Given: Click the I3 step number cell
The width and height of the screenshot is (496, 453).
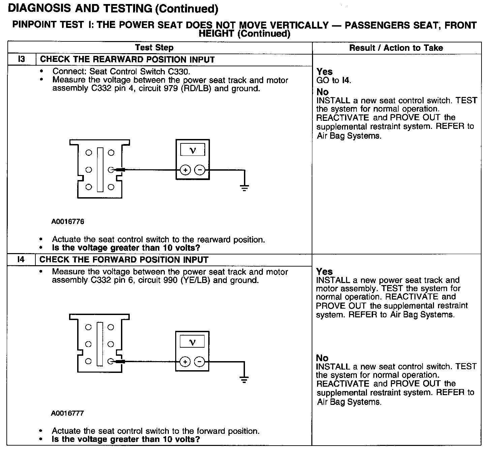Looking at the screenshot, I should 21,60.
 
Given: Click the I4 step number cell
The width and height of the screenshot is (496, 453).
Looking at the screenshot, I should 21,259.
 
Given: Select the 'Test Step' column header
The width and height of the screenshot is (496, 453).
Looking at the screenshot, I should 154,48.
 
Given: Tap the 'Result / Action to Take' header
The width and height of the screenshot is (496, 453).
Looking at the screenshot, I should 396,48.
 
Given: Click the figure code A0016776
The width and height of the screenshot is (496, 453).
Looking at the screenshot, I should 68,221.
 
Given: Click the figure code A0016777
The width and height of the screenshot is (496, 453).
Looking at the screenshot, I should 67,413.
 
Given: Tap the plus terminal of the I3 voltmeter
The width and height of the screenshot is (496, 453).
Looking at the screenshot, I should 185,170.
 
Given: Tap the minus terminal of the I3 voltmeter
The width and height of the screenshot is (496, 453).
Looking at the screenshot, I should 200,170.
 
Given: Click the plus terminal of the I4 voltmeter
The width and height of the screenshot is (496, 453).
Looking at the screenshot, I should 185,362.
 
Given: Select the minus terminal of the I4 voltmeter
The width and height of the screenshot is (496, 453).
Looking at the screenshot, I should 200,362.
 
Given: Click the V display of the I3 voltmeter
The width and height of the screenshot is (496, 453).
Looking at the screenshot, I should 192,150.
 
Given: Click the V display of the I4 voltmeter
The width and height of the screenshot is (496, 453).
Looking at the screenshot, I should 192,342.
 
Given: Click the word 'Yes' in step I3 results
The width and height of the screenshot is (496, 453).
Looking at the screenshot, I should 324,72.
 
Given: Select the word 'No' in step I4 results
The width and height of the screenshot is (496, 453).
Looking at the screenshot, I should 322,358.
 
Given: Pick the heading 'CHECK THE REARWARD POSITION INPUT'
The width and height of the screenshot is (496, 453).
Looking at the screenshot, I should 127,60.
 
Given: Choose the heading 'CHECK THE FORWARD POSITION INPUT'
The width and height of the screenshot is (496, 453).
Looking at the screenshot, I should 124,259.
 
